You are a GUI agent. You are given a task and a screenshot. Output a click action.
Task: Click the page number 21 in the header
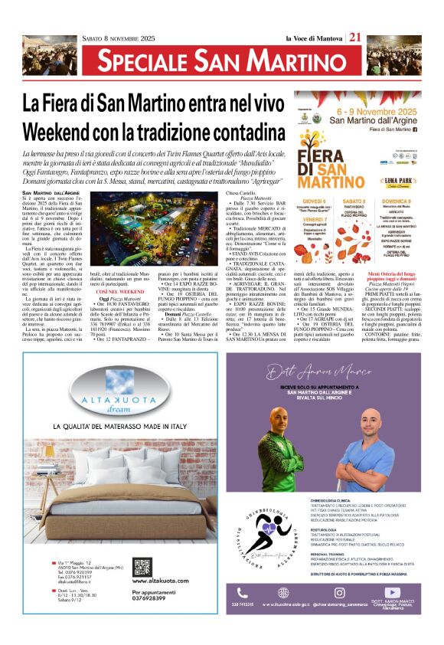click(x=355, y=38)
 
